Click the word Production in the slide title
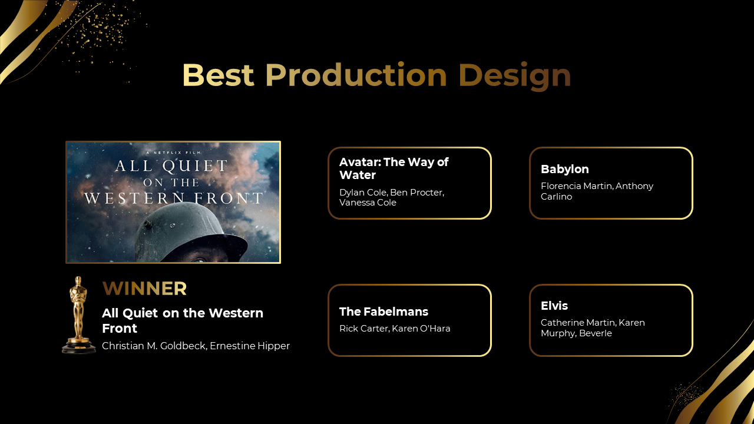pos(356,75)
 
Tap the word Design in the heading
pos(515,77)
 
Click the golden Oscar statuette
pos(79,314)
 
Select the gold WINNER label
pos(144,289)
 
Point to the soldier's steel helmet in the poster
pos(191,232)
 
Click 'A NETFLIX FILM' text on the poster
pos(174,153)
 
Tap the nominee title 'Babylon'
pos(565,169)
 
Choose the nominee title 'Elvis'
pos(554,306)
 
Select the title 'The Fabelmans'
pos(383,312)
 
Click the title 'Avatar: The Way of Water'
pos(394,168)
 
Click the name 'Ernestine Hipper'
pos(250,346)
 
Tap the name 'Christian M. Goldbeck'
pos(154,346)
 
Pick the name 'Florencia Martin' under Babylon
pos(576,186)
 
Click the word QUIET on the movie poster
pos(195,166)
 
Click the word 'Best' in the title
pos(218,75)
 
